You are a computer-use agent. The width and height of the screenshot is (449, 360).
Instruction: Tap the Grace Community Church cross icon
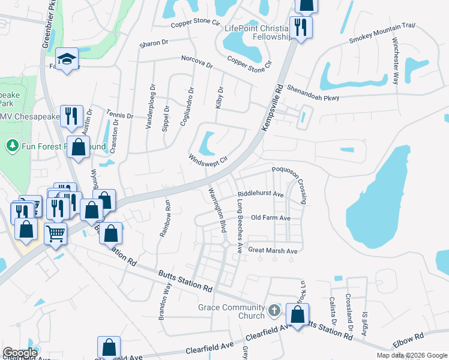pyautogui.click(x=274, y=310)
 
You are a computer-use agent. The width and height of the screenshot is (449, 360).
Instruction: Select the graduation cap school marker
pyautogui.click(x=67, y=59)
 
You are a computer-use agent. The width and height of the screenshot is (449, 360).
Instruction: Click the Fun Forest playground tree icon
pyautogui.click(x=11, y=146)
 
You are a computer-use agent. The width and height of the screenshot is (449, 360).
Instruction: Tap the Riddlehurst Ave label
pyautogui.click(x=261, y=194)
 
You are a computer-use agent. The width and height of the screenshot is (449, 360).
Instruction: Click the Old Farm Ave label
pyautogui.click(x=271, y=218)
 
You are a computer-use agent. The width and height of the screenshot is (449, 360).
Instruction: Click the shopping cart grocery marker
pyautogui.click(x=55, y=232)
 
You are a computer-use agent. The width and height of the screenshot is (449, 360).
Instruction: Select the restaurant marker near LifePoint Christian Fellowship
pyautogui.click(x=300, y=27)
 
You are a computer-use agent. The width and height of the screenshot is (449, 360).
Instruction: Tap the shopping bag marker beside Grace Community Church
pyautogui.click(x=297, y=314)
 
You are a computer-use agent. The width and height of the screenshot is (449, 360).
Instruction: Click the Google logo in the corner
pyautogui.click(x=20, y=353)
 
